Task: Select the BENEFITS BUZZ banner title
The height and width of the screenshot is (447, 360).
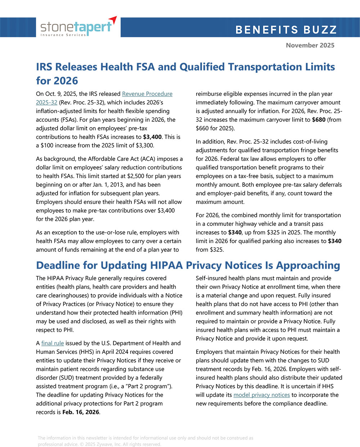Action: [x=286, y=30]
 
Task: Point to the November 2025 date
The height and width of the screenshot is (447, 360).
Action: [x=310, y=45]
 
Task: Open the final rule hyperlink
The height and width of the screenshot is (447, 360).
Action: [x=53, y=343]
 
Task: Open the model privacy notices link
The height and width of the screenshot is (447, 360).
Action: [x=261, y=395]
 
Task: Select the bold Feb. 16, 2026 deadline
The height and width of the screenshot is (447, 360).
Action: [x=81, y=412]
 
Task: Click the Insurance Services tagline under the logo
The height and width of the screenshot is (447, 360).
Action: [x=63, y=35]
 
